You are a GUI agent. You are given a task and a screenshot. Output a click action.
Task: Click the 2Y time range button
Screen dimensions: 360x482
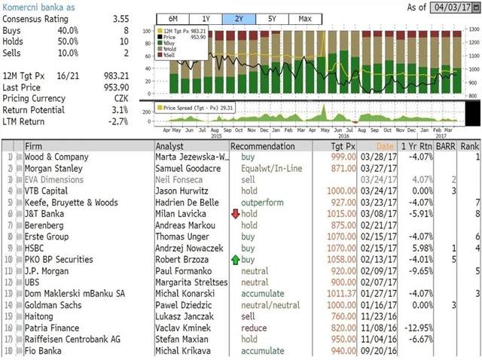[239, 18]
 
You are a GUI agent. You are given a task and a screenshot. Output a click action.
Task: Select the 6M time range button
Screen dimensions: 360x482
[172, 18]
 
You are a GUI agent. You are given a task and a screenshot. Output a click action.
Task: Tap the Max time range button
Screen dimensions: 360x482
[305, 18]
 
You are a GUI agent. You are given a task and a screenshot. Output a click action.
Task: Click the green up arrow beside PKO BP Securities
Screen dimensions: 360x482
[235, 259]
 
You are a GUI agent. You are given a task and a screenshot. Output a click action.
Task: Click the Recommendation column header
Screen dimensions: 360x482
[263, 145]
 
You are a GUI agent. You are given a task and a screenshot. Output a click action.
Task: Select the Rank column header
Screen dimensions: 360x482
[470, 145]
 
